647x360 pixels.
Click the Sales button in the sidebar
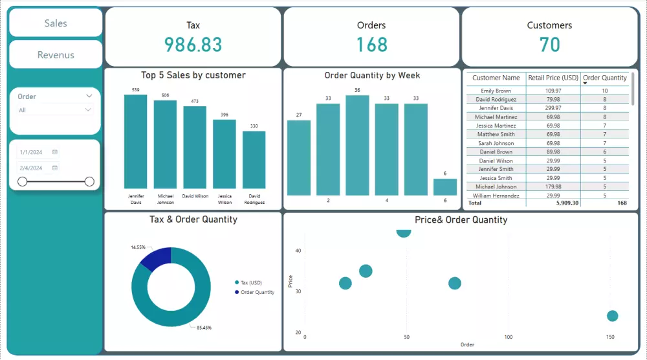[56, 23]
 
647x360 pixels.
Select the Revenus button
[56, 55]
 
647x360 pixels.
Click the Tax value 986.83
[193, 45]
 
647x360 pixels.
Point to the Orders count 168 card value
[371, 45]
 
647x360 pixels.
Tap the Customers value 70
[549, 45]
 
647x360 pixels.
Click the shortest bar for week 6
[445, 186]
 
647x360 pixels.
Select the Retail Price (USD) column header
[553, 78]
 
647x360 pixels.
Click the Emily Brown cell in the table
[496, 91]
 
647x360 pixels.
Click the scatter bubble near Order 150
[612, 316]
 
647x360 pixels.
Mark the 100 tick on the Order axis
[509, 337]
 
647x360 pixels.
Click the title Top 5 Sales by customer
[193, 75]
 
